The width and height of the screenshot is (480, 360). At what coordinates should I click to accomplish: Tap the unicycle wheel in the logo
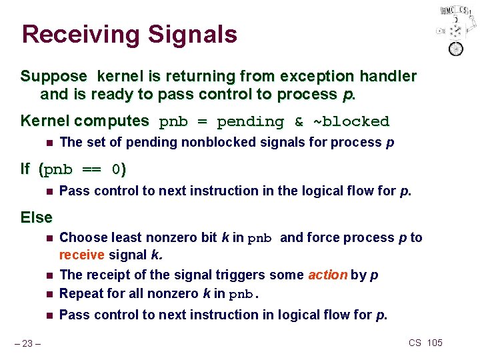coord(456,48)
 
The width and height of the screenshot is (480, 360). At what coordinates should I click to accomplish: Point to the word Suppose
coord(54,77)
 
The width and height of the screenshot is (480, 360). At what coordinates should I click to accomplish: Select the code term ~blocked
coord(351,121)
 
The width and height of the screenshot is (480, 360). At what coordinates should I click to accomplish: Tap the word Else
coord(37,217)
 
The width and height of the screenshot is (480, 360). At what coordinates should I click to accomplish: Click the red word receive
coord(81,255)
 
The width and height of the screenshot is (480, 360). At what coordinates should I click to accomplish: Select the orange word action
coord(327,275)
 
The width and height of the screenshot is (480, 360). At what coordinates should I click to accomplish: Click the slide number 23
coord(29,343)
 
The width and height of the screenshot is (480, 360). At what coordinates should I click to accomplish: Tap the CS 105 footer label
coord(425,343)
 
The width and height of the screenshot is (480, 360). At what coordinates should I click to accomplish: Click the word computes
coord(121,121)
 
